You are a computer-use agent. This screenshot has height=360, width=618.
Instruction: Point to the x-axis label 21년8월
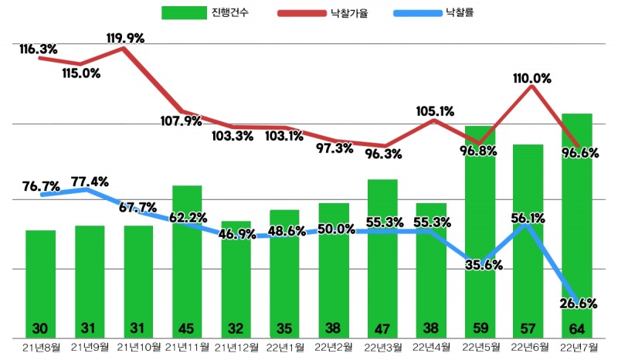[40, 347]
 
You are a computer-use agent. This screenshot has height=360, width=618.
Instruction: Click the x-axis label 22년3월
[382, 347]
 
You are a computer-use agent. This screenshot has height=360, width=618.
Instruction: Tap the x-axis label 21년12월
[236, 347]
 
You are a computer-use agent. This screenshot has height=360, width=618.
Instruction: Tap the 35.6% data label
[484, 265]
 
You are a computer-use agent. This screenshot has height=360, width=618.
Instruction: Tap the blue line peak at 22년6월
[527, 225]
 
